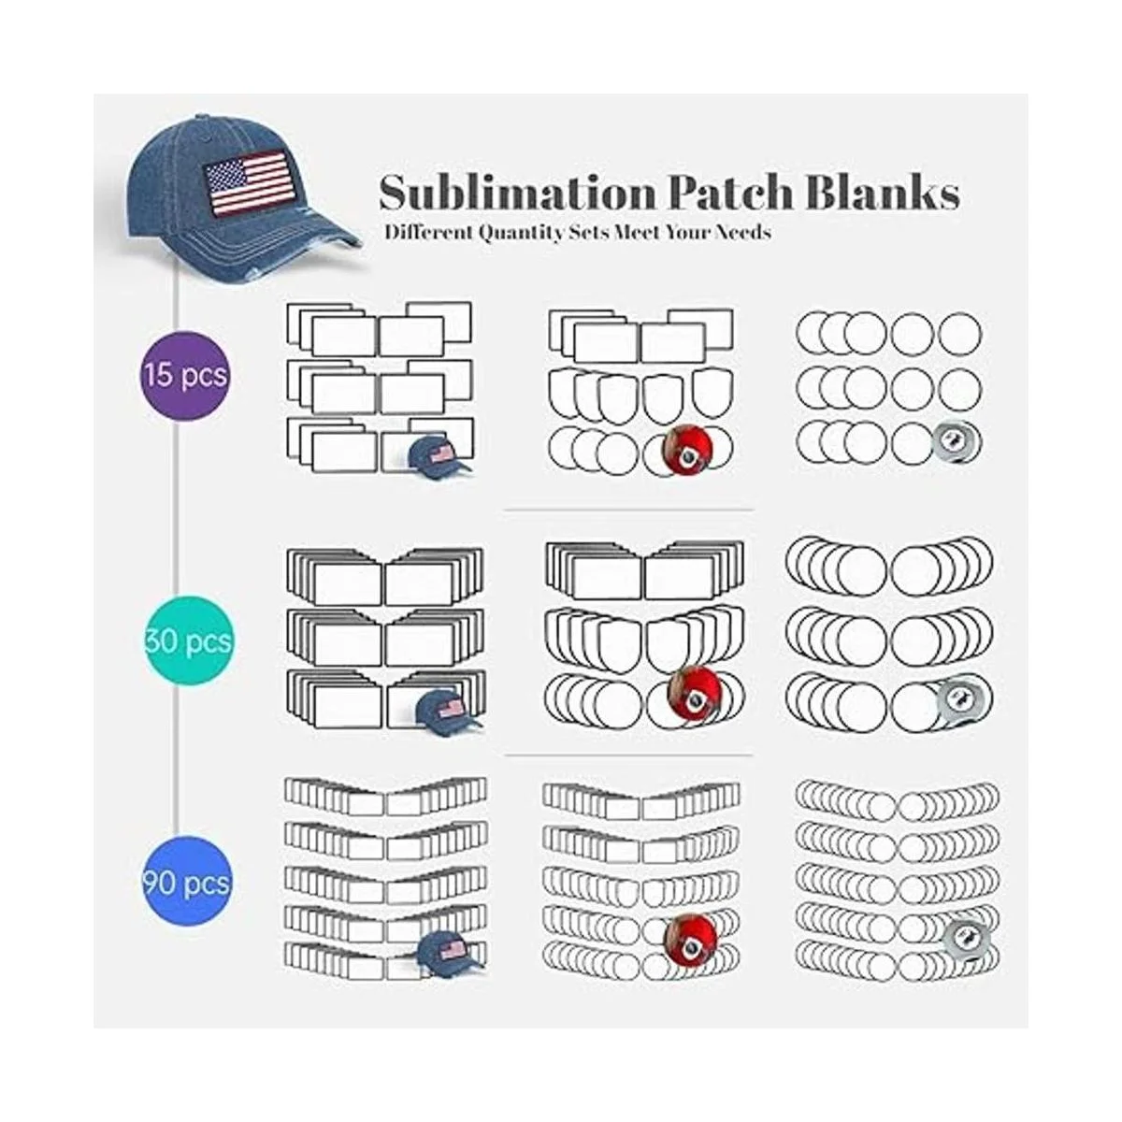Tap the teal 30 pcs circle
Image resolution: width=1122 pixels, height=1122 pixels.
coord(188,641)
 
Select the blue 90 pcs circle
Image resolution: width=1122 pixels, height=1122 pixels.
coord(187,882)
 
